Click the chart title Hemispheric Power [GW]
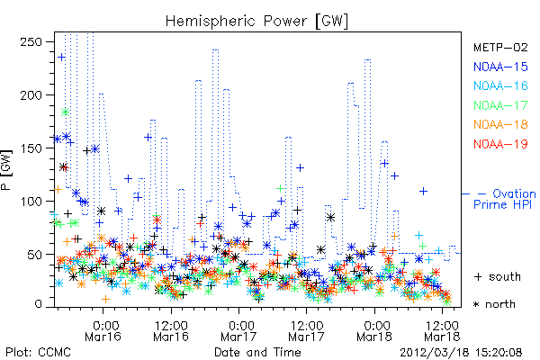(256, 21)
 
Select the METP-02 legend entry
(500, 47)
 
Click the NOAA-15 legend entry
(500, 67)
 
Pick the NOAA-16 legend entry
(500, 85)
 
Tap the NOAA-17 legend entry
(500, 105)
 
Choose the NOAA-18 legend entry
(500, 124)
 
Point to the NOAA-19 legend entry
(500, 144)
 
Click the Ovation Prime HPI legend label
(505, 199)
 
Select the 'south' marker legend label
(505, 276)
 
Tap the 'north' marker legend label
(500, 304)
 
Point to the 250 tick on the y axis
(31, 42)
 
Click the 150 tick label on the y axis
(31, 148)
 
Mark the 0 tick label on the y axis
(38, 304)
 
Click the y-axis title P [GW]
(6, 169)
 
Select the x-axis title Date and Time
(257, 352)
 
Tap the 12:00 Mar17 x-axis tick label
(307, 330)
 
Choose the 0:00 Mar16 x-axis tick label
(103, 330)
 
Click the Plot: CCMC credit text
(38, 352)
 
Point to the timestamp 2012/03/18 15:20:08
(461, 353)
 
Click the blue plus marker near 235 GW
(61, 58)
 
